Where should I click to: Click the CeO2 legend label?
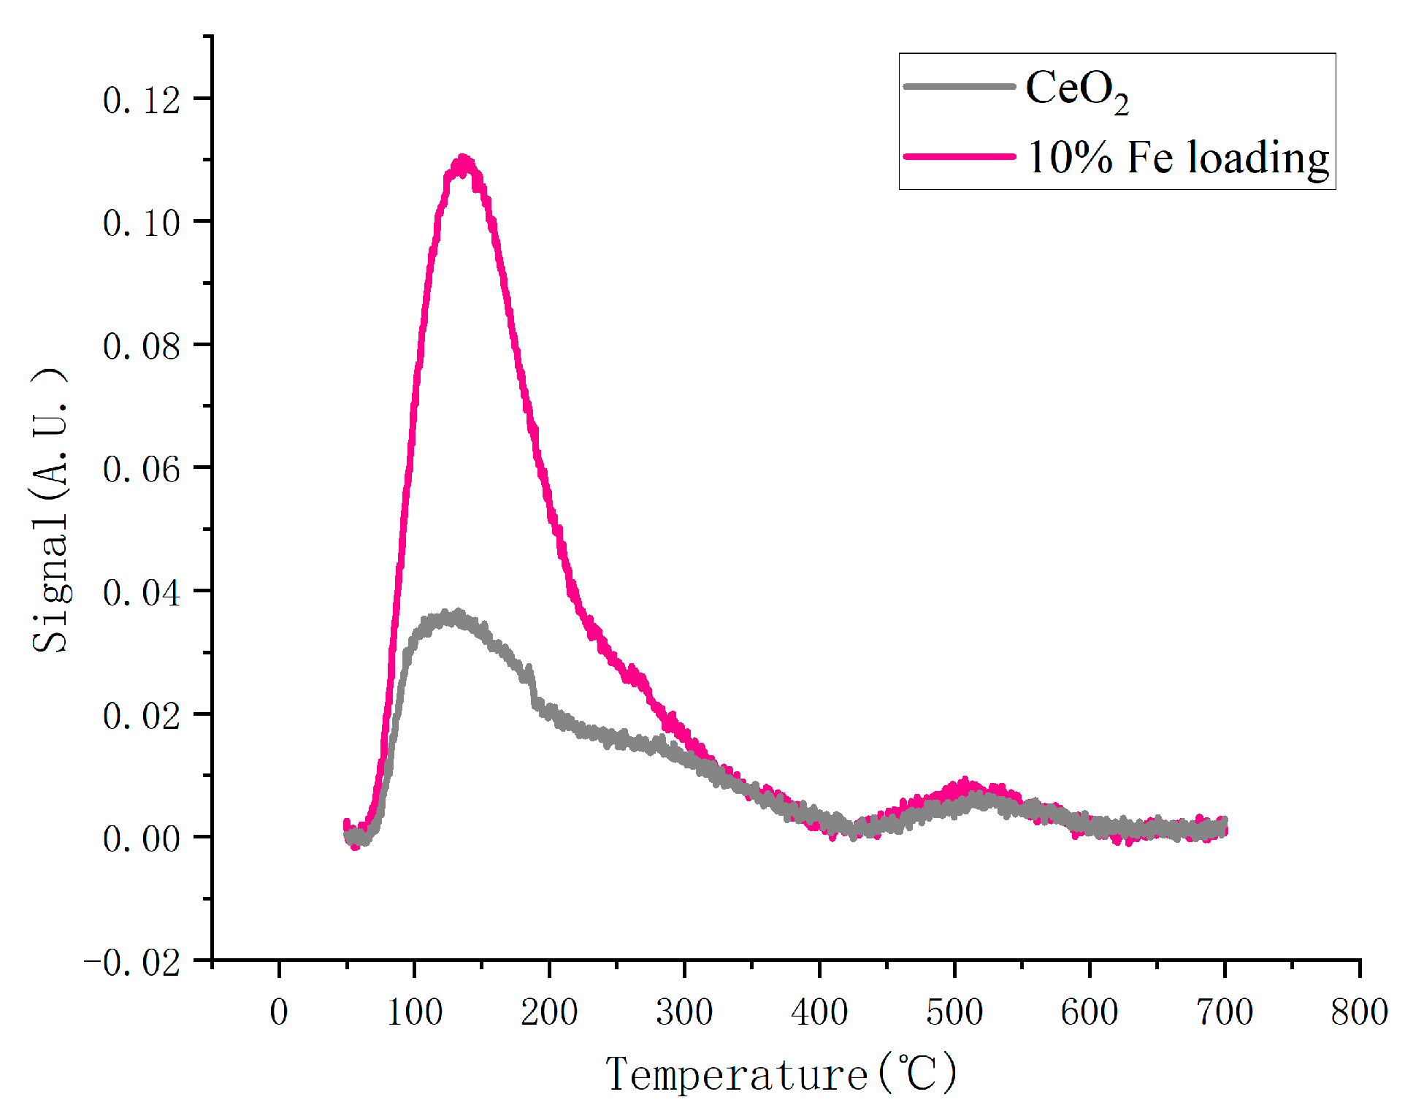click(x=1076, y=90)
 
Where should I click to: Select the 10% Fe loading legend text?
click(x=1178, y=158)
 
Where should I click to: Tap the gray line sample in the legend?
click(x=959, y=86)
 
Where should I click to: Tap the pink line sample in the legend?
click(x=959, y=156)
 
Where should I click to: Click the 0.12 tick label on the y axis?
click(x=141, y=100)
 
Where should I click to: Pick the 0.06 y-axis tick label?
click(x=141, y=469)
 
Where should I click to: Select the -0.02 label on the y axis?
click(x=132, y=963)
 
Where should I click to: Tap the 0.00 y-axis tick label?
click(x=141, y=838)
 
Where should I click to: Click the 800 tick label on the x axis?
click(x=1359, y=1012)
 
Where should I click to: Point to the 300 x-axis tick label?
click(x=684, y=1012)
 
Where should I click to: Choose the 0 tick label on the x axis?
click(x=279, y=1012)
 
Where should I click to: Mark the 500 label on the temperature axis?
click(x=954, y=1012)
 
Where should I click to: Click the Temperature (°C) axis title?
click(x=781, y=1074)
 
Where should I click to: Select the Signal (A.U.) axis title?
click(x=51, y=510)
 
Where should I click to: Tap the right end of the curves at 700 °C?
click(x=1224, y=828)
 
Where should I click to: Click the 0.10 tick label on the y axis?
click(x=141, y=223)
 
